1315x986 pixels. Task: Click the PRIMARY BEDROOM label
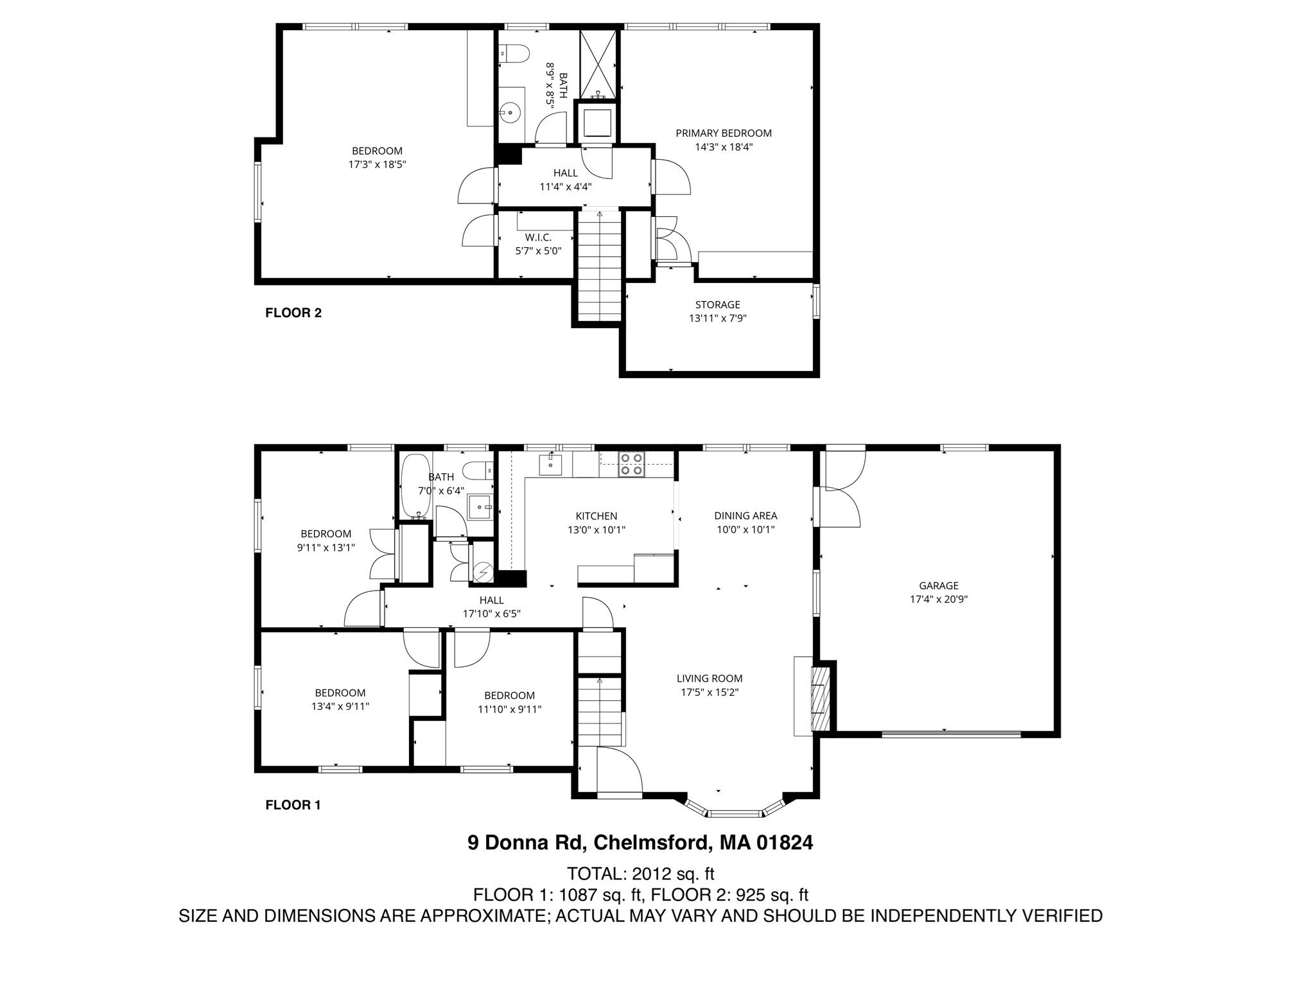(x=723, y=133)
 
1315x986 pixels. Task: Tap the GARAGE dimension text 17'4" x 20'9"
(x=938, y=599)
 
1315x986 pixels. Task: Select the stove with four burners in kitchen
(x=631, y=464)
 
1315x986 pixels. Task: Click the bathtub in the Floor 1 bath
(x=415, y=486)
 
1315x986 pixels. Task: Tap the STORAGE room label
(x=717, y=304)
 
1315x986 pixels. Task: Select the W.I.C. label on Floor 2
(x=537, y=237)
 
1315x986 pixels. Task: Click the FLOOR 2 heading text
(x=293, y=313)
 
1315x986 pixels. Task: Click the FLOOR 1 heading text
(x=293, y=805)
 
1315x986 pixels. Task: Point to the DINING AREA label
(x=745, y=515)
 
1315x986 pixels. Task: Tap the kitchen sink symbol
(x=551, y=463)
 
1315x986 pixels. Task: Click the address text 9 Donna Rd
(x=525, y=843)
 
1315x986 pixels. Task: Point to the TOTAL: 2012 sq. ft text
(x=640, y=874)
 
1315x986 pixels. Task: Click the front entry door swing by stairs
(x=618, y=770)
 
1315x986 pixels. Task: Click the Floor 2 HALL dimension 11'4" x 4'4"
(x=565, y=187)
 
